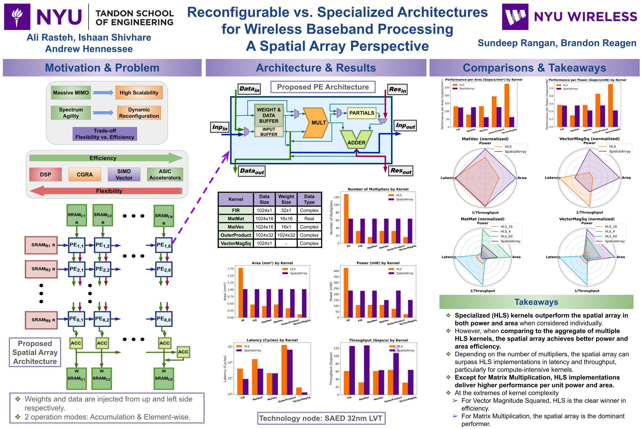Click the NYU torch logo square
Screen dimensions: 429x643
pos(17,17)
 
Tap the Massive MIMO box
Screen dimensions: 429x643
pos(71,93)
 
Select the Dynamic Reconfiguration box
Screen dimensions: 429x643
pos(139,113)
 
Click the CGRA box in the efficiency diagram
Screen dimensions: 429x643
pos(85,175)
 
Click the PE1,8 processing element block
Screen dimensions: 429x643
pos(164,245)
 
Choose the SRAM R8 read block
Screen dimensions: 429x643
pos(41,320)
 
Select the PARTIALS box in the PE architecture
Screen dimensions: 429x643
pos(362,113)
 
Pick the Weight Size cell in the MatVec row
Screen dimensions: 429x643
pos(286,227)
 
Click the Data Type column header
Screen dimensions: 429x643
pos(309,199)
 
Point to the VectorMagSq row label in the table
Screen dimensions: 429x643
pos(236,243)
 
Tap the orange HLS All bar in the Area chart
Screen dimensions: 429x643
pos(240,293)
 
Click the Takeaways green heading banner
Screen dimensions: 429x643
pos(536,302)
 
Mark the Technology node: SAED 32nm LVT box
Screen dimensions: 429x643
pos(321,418)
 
